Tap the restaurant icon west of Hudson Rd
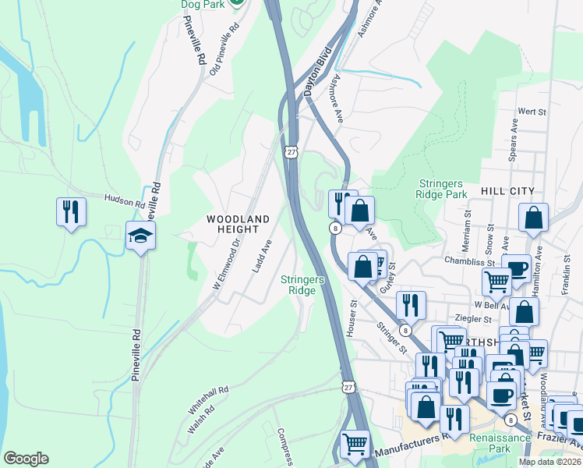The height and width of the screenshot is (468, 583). [71, 212]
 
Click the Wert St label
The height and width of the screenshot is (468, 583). [532, 112]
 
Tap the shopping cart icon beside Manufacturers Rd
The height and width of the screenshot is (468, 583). [355, 445]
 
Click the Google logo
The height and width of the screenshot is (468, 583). [26, 459]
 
